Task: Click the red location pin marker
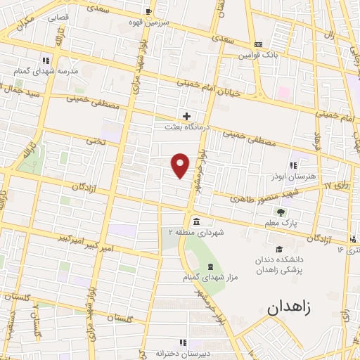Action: [181, 165]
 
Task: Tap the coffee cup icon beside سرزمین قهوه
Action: [148, 11]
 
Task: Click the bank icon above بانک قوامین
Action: [258, 44]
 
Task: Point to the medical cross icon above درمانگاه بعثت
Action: [186, 116]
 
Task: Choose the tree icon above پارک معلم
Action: [281, 212]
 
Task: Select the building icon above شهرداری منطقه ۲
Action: [195, 221]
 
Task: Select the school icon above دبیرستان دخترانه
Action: [182, 342]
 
